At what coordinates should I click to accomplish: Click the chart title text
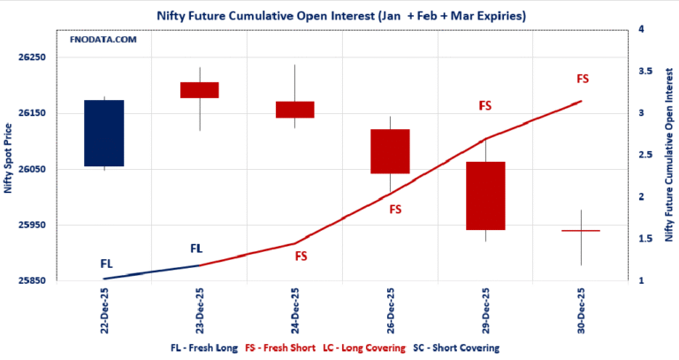tap(339, 16)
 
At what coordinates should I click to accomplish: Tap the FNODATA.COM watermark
tap(103, 40)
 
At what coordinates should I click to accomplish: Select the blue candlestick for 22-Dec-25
tap(104, 133)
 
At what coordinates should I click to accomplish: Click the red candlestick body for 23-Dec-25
tap(199, 89)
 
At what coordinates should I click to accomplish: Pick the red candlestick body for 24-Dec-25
tap(294, 109)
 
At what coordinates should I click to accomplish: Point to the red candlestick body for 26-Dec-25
tap(390, 151)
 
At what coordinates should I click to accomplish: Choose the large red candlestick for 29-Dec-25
tap(484, 195)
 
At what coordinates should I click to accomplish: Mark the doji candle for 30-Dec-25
tap(580, 230)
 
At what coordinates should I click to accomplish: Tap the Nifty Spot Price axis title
tap(9, 155)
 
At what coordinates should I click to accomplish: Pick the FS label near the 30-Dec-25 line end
tap(582, 80)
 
